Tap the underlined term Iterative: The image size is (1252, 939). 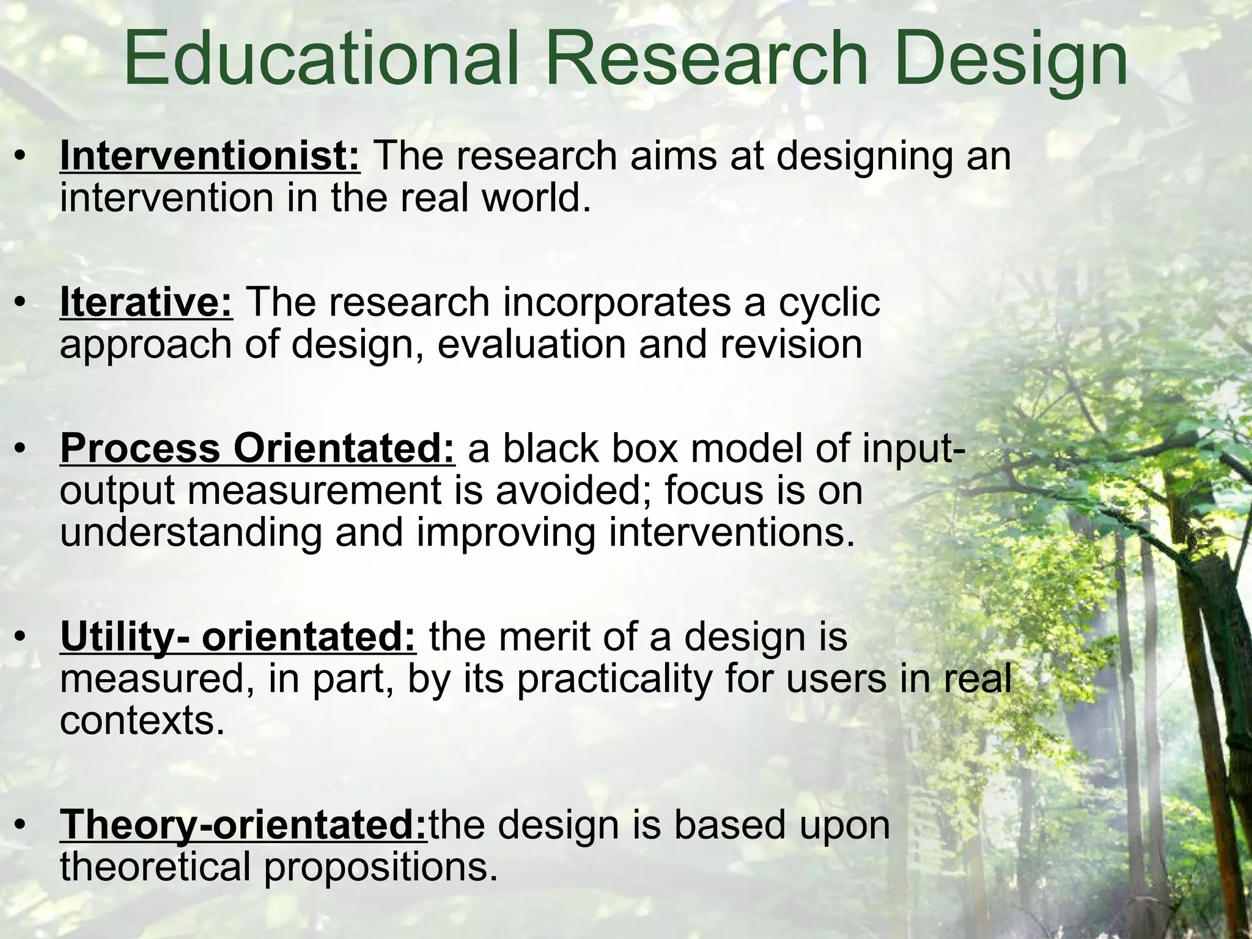(146, 302)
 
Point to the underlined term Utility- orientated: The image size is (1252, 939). (238, 637)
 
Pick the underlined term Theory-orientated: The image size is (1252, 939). (243, 825)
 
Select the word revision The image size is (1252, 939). (791, 344)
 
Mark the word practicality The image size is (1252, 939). (614, 679)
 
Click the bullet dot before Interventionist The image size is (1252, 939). (21, 157)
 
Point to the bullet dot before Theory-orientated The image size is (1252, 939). (21, 826)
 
